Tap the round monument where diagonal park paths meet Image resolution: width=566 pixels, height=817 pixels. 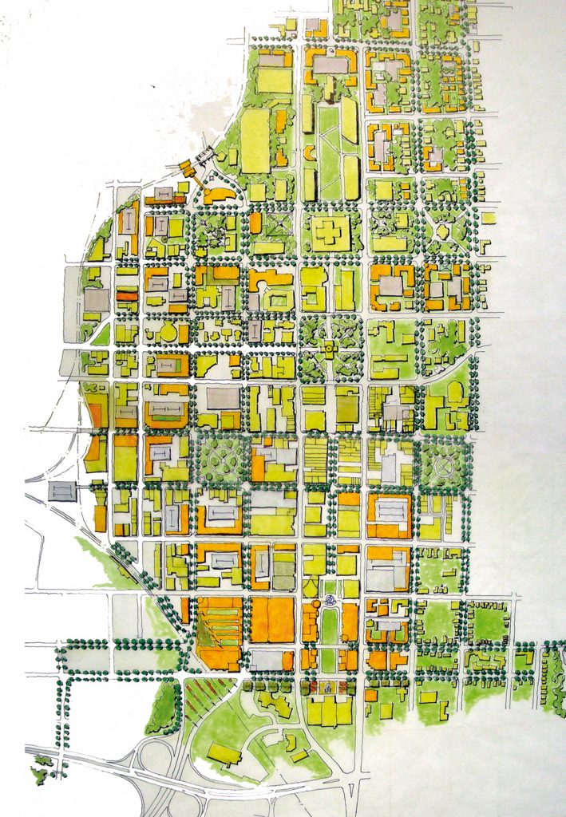tap(328, 348)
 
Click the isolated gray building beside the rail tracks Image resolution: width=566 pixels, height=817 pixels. tap(62, 491)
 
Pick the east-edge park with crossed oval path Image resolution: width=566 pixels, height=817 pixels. tap(443, 462)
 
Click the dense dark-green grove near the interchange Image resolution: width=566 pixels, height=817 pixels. tap(164, 708)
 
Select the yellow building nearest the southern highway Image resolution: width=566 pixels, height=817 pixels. tap(224, 752)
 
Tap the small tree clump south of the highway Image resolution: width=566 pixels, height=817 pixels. tap(40, 771)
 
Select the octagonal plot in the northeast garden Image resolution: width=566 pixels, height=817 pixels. tap(442, 231)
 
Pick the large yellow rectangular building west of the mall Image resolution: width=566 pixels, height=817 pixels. tap(255, 140)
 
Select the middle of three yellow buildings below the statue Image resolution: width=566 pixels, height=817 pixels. tap(328, 712)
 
